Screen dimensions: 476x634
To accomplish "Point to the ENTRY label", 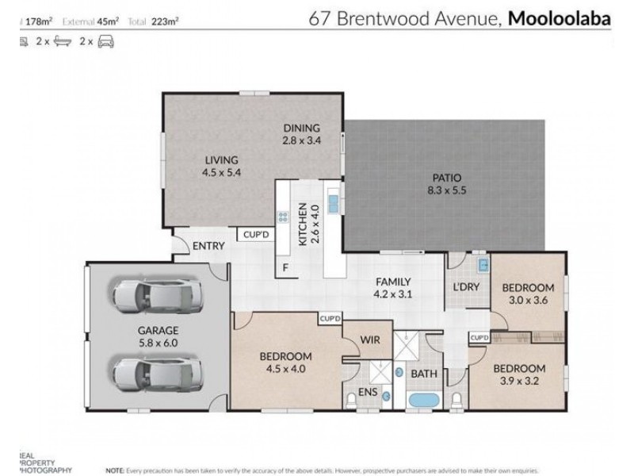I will [208, 246].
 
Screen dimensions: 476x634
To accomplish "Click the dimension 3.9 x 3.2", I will [519, 382].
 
